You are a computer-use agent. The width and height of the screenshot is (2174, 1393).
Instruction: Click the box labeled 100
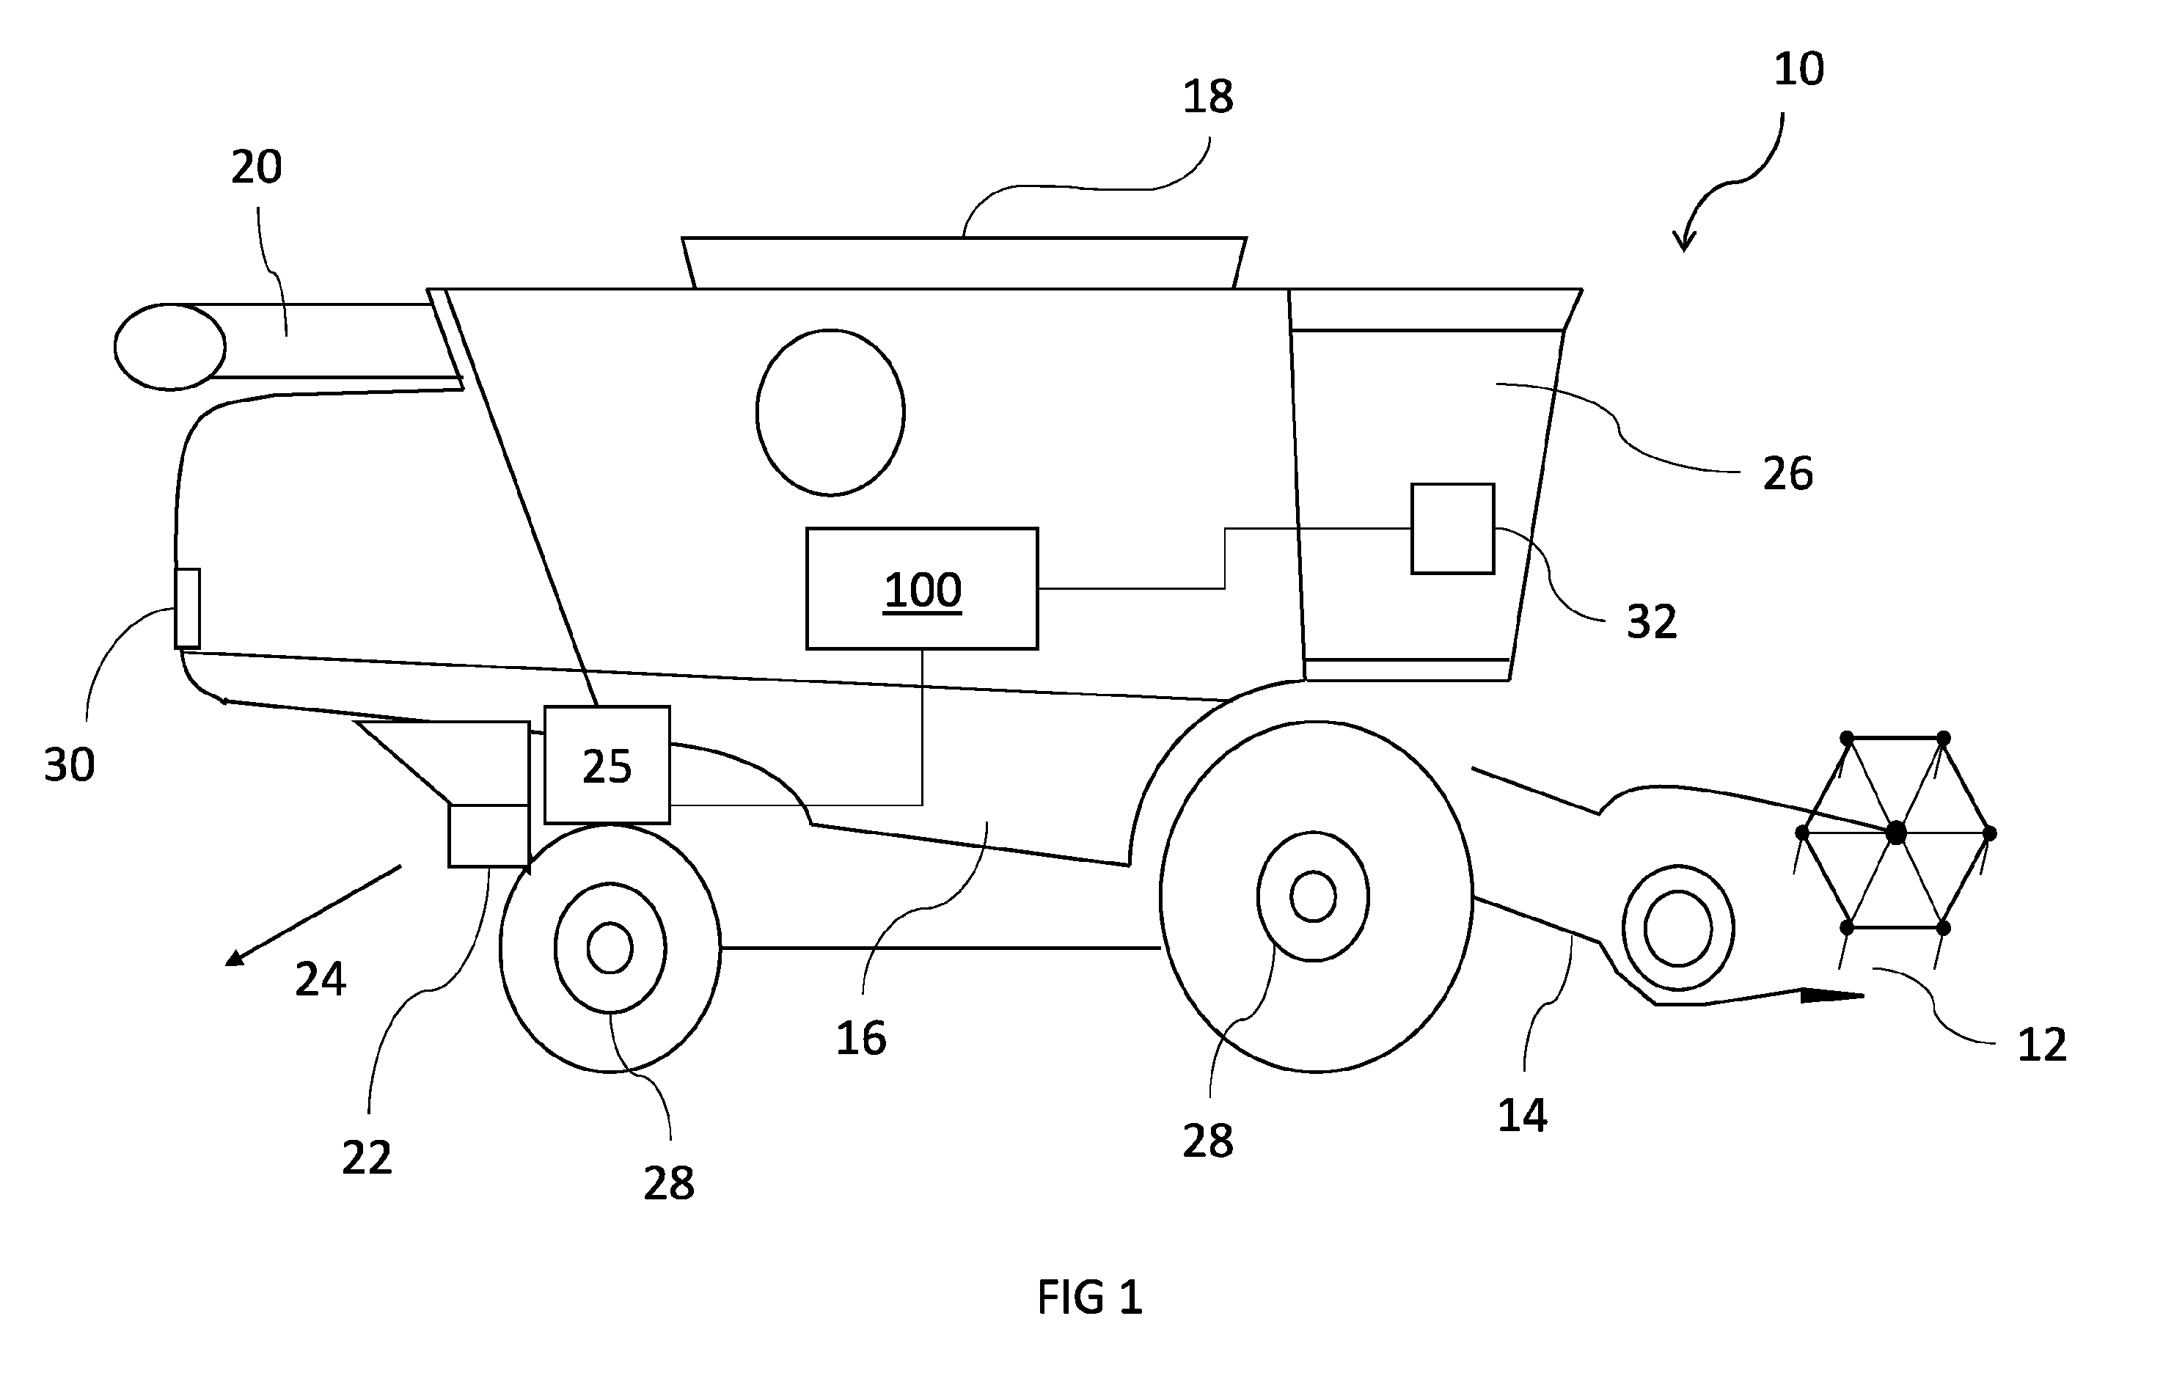coord(921,589)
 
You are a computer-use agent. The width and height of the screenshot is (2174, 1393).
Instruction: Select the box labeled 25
coord(607,765)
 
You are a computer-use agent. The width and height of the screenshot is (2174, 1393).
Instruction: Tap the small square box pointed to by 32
coord(1452,529)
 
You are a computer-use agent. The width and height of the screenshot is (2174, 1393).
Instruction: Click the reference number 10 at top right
coord(1798,69)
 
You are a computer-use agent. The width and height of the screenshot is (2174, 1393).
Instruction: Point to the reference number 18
coord(1207,97)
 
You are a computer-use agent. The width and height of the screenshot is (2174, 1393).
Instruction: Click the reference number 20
coord(256,167)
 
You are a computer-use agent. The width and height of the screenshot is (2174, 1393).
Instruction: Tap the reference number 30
coord(69,765)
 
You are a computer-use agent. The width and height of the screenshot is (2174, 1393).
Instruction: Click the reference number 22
coord(366,1158)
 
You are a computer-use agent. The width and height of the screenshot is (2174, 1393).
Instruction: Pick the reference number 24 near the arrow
coord(320,979)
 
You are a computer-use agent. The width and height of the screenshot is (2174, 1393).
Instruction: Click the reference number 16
coord(860,1039)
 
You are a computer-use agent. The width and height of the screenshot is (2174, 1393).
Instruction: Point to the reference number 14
coord(1522,1115)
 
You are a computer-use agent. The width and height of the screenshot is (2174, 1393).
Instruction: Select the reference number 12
coord(2042,1045)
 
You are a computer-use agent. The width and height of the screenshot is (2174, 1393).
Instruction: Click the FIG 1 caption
coord(1090,1297)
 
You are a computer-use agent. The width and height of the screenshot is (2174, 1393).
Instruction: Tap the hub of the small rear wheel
coord(610,947)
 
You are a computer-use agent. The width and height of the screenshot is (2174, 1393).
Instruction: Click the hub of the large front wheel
coord(1313,896)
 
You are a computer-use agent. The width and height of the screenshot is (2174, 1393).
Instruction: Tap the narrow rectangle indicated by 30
coord(187,609)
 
